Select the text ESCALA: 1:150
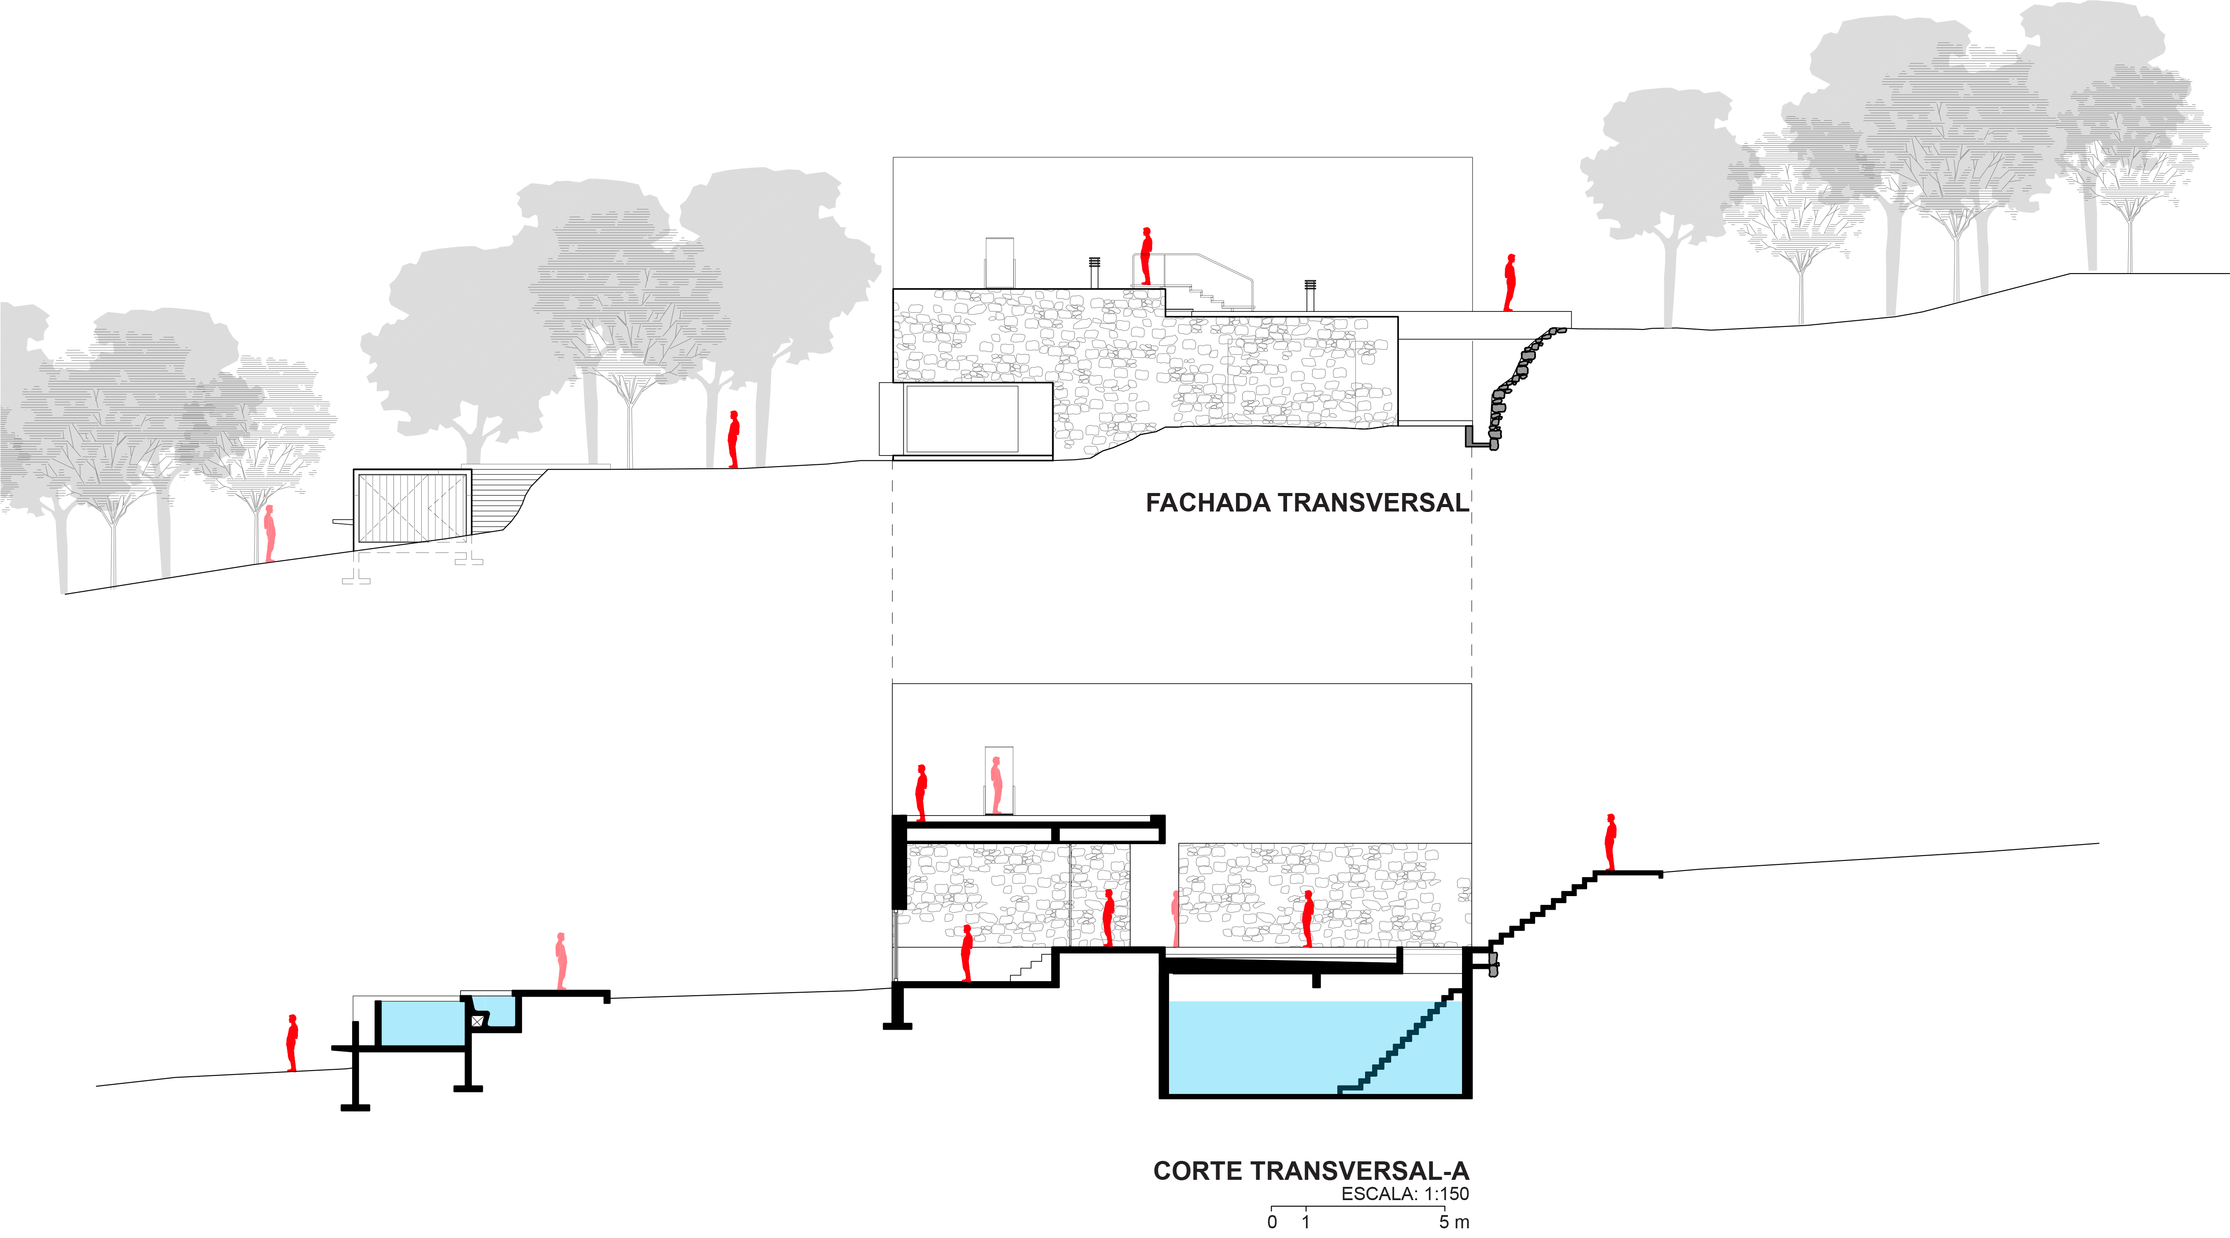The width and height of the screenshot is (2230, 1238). [x=1404, y=1195]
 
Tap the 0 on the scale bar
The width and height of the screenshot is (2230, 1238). [x=1272, y=1223]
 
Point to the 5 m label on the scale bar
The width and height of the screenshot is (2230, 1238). [x=1454, y=1223]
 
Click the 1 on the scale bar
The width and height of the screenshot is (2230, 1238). [x=1306, y=1223]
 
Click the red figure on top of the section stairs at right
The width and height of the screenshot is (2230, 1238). [x=1610, y=842]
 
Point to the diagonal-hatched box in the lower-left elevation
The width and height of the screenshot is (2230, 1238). [x=412, y=508]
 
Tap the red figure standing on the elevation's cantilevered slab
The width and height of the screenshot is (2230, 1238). [x=1510, y=282]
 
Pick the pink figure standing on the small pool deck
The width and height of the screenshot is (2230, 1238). [x=561, y=961]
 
